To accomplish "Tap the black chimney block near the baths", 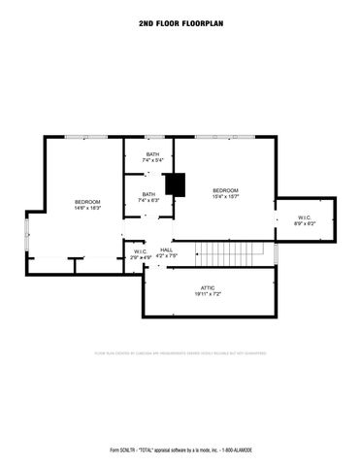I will [175, 184].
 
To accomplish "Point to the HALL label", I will [167, 250].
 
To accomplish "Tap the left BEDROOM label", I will [87, 202].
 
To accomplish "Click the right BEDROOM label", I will [225, 189].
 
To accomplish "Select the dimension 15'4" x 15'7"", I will [225, 196].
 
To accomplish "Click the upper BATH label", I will [152, 154].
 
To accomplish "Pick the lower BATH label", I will [148, 194].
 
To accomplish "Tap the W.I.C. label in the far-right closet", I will [305, 217].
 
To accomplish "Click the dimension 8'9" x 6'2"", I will [305, 224].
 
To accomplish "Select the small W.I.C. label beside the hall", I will [140, 251].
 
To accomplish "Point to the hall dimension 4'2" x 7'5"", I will [168, 257].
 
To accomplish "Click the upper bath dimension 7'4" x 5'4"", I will [152, 161].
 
